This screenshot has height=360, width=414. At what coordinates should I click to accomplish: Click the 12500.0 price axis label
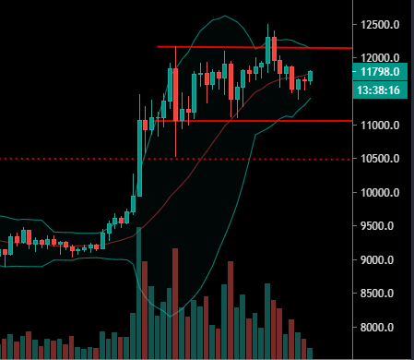(382, 23)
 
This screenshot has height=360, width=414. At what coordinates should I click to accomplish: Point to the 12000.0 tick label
(382, 57)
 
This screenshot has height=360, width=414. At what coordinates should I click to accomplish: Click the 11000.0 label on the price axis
(382, 125)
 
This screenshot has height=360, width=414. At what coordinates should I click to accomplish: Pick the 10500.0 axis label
(382, 159)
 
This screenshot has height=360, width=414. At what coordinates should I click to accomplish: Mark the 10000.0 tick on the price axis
(382, 193)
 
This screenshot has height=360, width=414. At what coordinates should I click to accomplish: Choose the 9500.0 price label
(382, 226)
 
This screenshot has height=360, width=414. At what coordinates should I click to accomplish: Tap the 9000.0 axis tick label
(382, 260)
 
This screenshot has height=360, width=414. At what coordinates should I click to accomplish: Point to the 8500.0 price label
(382, 294)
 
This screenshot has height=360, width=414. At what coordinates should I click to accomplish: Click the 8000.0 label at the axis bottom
(382, 328)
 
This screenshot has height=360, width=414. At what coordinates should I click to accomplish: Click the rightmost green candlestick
(311, 75)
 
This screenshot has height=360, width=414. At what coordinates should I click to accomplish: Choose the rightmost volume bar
(311, 353)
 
